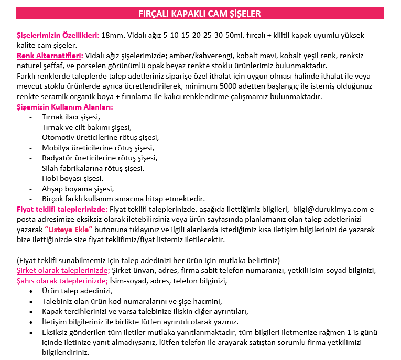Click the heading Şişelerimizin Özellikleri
pyautogui.click(x=58, y=36)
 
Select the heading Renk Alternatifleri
pyautogui.click(x=50, y=56)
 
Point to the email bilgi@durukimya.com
pyautogui.click(x=330, y=210)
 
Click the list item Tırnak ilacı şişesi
pyautogui.click(x=71, y=117)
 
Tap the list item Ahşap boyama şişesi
pyautogui.click(x=78, y=189)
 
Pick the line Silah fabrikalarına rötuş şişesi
pyautogui.click(x=93, y=168)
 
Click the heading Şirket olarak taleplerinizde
pyautogui.click(x=63, y=270)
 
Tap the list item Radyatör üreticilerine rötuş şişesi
pyautogui.click(x=100, y=158)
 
